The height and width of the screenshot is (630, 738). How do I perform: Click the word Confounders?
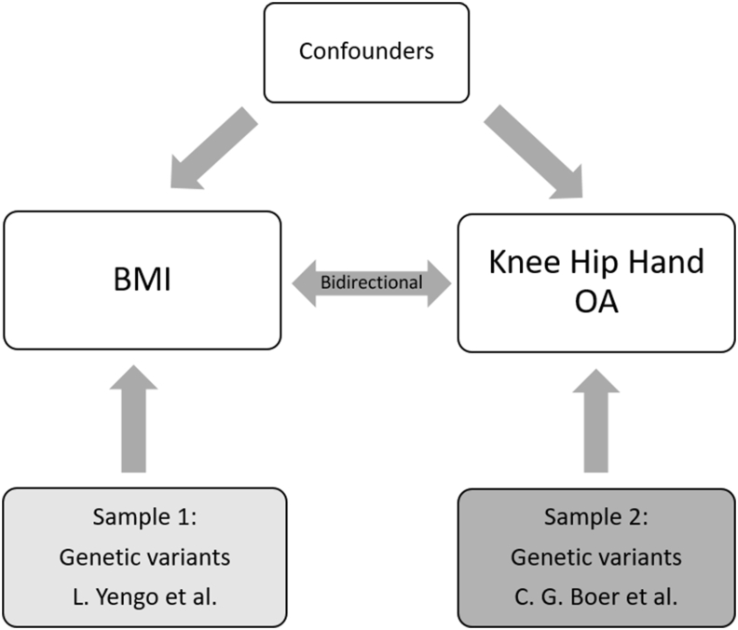tap(366, 51)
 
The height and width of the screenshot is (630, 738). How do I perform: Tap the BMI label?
tap(143, 280)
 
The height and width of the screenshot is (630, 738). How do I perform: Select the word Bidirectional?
tap(372, 282)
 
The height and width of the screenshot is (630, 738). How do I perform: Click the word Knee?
tap(525, 262)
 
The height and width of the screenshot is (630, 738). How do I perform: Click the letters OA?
tap(595, 302)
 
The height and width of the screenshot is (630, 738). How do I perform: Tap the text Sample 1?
tap(144, 517)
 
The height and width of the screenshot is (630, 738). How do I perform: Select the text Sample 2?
tap(595, 517)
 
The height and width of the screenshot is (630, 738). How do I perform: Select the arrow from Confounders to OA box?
tap(533, 152)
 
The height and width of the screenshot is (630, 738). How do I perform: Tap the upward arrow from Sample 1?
tap(133, 418)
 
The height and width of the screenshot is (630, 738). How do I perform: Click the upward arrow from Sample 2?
tap(595, 420)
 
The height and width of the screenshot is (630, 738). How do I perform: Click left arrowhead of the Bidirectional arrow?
tap(305, 283)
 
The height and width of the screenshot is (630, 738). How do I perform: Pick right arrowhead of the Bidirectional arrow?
tap(439, 283)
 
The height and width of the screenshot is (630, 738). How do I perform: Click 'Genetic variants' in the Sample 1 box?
tap(144, 557)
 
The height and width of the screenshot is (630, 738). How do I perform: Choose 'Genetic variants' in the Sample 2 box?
tap(595, 557)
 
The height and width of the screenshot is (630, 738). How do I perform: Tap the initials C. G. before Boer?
tap(540, 597)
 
